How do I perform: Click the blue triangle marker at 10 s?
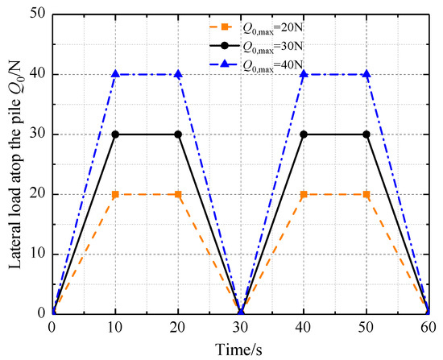115,74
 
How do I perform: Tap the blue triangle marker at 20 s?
178,74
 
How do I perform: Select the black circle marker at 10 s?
115,134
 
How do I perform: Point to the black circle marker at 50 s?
366,134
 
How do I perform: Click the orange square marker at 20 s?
178,194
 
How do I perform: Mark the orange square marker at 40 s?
304,194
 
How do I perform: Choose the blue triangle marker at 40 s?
304,74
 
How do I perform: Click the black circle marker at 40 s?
304,134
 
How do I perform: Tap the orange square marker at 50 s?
366,194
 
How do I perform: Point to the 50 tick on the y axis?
37,14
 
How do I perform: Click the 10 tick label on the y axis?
37,254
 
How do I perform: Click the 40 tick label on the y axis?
37,74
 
